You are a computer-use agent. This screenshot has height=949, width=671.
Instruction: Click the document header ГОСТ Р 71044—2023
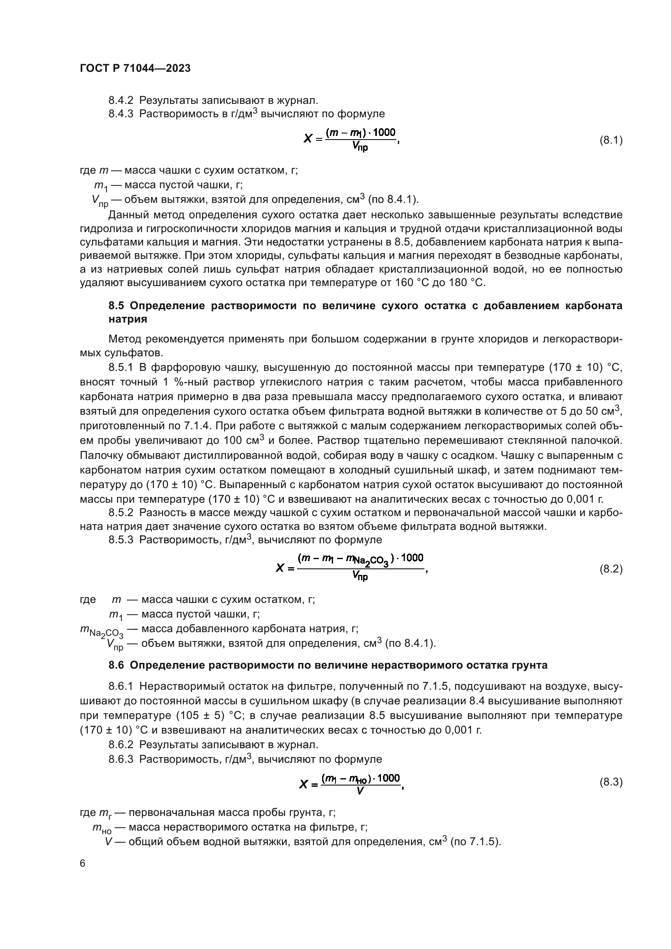pos(135,69)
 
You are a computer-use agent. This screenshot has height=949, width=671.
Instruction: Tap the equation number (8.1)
pos(611,140)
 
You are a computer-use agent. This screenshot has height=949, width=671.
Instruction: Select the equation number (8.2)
pos(611,569)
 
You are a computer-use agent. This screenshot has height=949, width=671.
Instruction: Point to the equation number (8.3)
pos(611,782)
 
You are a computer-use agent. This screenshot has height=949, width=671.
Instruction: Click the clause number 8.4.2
pos(120,101)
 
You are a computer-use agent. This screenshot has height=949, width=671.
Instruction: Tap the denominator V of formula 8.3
pos(360,791)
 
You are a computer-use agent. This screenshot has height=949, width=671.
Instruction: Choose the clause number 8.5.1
pos(120,368)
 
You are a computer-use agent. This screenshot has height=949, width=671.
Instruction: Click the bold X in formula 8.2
pos(280,569)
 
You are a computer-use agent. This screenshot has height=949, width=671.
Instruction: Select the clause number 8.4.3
pos(120,114)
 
